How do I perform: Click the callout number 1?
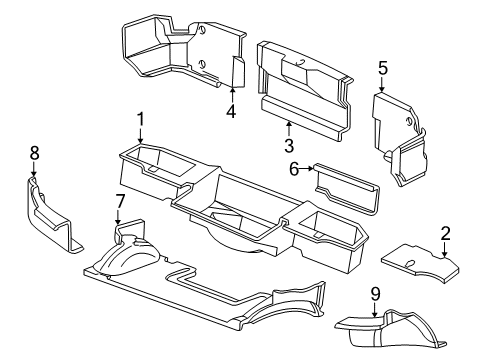[x=141, y=119]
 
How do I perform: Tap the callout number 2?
[x=445, y=233]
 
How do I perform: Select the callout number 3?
[x=289, y=146]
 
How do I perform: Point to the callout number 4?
[x=231, y=111]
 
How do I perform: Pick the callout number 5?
[x=383, y=68]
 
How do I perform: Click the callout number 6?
[x=294, y=169]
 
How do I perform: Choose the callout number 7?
[x=120, y=202]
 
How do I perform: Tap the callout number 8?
[x=34, y=153]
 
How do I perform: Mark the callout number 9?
[x=375, y=294]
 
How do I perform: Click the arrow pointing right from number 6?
[x=306, y=169]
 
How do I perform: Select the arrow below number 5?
[x=382, y=84]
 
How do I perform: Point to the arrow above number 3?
[x=289, y=129]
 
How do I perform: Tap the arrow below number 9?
[x=375, y=309]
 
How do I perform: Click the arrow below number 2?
[x=445, y=249]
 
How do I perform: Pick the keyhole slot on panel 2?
[x=410, y=263]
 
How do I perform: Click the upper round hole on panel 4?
[x=202, y=30]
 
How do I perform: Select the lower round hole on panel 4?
[x=201, y=64]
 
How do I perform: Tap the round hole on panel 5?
[x=408, y=122]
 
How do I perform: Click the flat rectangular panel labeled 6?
[x=347, y=188]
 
